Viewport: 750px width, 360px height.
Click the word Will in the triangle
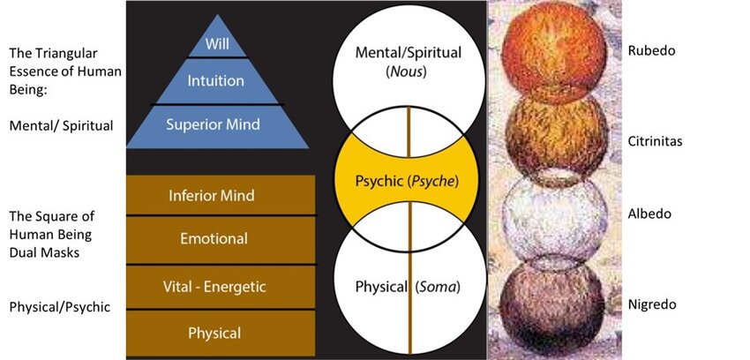[x=216, y=44]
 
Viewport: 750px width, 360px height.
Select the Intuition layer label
[x=216, y=81]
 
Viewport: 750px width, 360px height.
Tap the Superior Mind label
[x=214, y=124]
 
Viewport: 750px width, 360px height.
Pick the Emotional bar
[x=214, y=238]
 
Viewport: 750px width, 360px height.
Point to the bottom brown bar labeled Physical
[x=214, y=333]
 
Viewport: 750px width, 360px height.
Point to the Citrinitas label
[x=656, y=141]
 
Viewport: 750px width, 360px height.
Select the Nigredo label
[x=651, y=304]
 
